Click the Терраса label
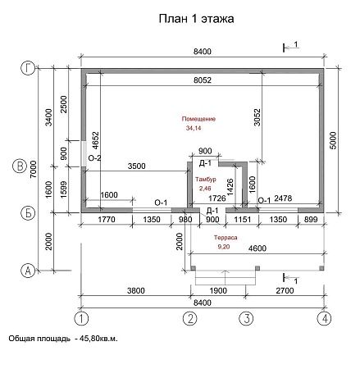227,236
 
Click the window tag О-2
93,157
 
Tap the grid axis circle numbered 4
326,318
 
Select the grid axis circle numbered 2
190,318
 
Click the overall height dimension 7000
34,170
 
